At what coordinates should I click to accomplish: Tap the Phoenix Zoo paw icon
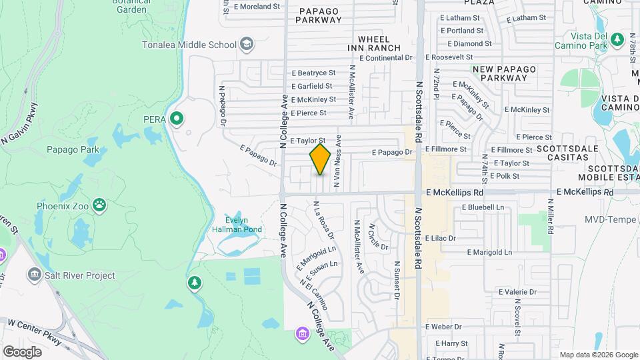[x=99, y=205]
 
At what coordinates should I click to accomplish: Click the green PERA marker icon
[x=176, y=119]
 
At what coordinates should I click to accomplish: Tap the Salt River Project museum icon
[x=34, y=275]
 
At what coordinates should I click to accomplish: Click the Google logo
[x=22, y=351]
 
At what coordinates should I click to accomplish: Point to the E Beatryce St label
[x=313, y=73]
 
